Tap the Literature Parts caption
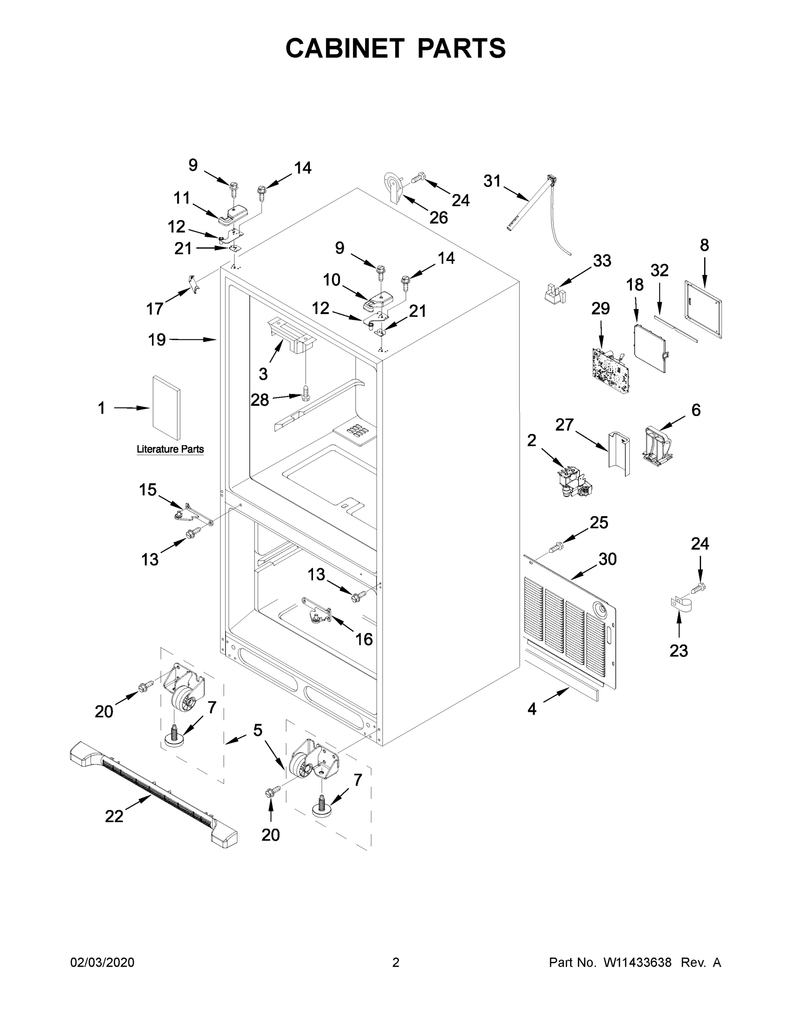point(170,449)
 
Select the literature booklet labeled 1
point(165,408)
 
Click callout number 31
point(492,181)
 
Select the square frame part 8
point(703,309)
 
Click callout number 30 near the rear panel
point(607,559)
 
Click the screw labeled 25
point(557,546)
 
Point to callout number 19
point(157,340)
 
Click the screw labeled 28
point(306,393)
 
